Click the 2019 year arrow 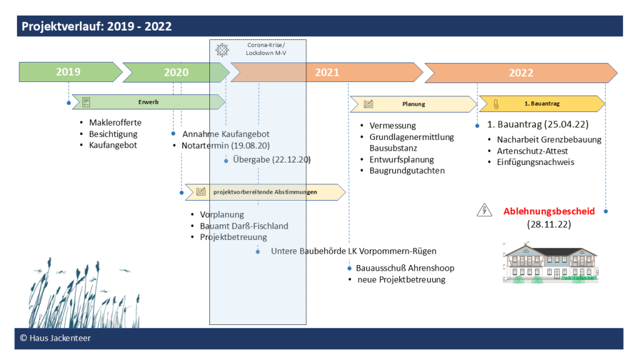pos(70,72)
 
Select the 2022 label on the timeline pos(521,72)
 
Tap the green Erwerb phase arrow pos(149,102)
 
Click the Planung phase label pos(414,104)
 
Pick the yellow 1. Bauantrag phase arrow pos(542,104)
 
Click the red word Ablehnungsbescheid pos(549,211)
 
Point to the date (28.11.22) pos(549,224)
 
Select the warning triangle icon pos(484,210)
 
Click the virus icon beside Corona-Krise pos(222,50)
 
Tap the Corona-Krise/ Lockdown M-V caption pos(266,49)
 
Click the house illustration pos(551,263)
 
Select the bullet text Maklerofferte pos(115,122)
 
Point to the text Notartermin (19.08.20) pos(226,146)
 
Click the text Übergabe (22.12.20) pos(272,159)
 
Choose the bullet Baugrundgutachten pos(407,171)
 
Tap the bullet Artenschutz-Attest pos(532,151)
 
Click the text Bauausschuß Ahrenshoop pos(405,268)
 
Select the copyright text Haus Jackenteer pos(56,338)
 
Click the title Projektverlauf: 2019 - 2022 pos(97,26)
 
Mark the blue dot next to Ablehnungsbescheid pos(606,211)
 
